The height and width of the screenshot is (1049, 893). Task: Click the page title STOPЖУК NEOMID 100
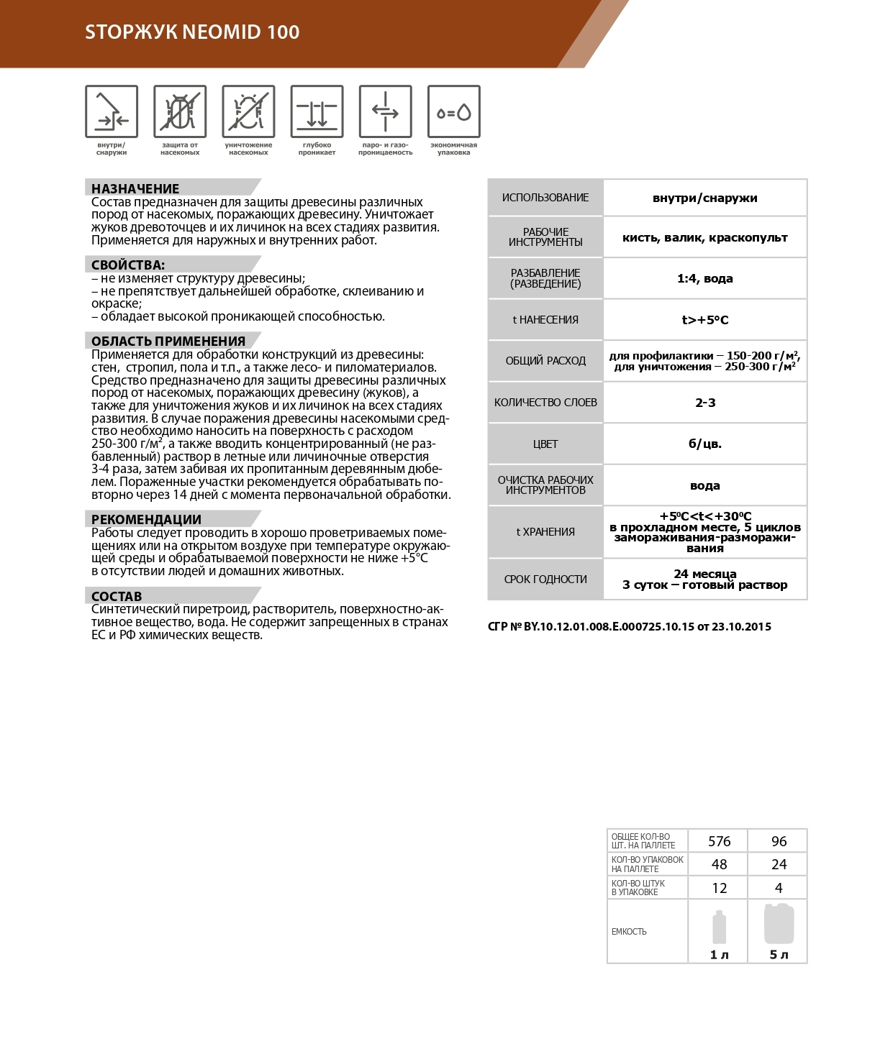(192, 32)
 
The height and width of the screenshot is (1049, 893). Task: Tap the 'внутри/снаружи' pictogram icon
(112, 111)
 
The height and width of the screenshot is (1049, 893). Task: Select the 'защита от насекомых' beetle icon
(180, 111)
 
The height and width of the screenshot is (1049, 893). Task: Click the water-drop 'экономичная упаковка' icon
(453, 111)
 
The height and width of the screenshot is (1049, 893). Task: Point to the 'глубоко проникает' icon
(317, 111)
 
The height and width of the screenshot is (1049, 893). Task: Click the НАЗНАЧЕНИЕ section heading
(135, 188)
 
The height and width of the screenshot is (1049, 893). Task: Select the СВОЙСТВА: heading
(128, 265)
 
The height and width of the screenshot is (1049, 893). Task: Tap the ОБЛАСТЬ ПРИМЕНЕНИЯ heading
(168, 341)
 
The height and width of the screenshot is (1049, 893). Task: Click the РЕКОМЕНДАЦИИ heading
(146, 519)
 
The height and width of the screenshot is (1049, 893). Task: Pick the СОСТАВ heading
(117, 596)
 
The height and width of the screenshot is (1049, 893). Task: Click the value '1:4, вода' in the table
(704, 278)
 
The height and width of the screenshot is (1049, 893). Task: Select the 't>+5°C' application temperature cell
(704, 320)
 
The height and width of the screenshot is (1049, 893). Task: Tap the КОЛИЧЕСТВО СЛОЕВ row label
(545, 403)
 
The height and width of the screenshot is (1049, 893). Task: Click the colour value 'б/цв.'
(704, 444)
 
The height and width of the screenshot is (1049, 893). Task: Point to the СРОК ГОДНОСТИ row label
(545, 579)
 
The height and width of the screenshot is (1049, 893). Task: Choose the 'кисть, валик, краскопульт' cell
(704, 237)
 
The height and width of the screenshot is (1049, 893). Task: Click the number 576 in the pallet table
(719, 841)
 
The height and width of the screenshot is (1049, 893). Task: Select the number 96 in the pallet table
(779, 841)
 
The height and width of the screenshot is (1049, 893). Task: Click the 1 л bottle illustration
(719, 927)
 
